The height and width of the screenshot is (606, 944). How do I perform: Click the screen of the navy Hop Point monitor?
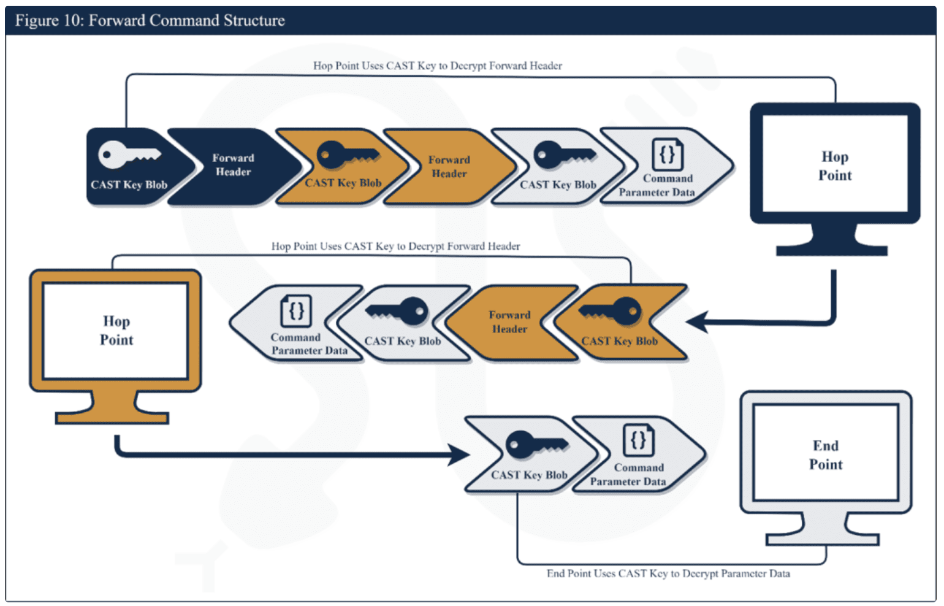(834, 164)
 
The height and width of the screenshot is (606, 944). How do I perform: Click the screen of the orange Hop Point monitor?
(116, 331)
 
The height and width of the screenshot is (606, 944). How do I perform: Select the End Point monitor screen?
(825, 454)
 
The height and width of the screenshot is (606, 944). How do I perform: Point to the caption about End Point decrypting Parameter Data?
(668, 573)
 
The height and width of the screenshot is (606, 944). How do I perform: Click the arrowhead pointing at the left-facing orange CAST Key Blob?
(697, 321)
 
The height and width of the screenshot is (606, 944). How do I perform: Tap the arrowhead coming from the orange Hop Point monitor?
(459, 454)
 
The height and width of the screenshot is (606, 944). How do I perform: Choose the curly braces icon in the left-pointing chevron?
(296, 311)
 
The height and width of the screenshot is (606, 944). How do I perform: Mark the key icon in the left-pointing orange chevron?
(612, 311)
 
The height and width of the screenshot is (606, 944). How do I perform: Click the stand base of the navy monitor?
(831, 250)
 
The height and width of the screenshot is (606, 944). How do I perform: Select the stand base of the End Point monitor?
(822, 539)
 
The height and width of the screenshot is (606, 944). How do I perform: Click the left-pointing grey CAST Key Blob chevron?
(403, 324)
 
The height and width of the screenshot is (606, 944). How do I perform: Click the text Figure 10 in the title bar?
(48, 20)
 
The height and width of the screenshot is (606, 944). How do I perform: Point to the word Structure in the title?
(254, 20)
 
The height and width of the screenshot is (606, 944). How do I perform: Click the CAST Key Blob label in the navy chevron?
(129, 185)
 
